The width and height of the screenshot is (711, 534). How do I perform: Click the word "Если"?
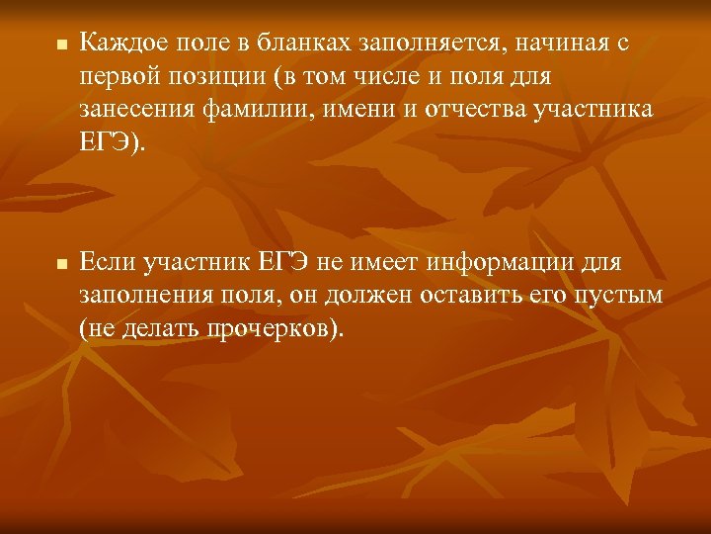(107, 264)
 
